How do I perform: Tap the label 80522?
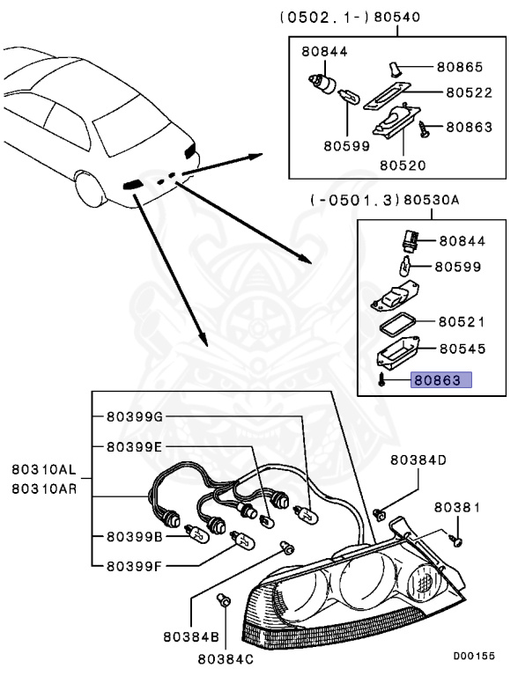[x=468, y=91]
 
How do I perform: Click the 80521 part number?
[x=462, y=322]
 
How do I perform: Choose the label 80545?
[x=462, y=349]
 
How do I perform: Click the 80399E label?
[x=134, y=446]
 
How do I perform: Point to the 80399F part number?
[x=134, y=566]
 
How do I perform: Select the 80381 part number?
[x=458, y=508]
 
